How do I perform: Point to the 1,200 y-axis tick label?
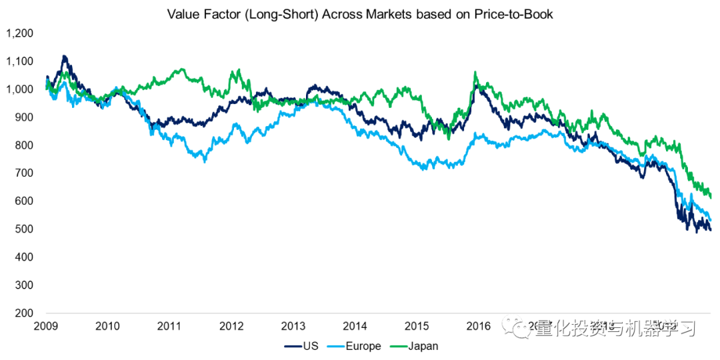point(20,33)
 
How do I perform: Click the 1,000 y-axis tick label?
point(20,89)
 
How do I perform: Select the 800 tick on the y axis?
point(24,145)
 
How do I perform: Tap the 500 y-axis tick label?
point(24,229)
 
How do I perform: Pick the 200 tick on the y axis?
point(24,313)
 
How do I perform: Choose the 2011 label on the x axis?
point(169,326)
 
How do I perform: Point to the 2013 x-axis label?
point(293,326)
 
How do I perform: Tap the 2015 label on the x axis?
point(417,326)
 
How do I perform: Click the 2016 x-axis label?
point(479,326)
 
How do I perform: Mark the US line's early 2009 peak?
point(64,57)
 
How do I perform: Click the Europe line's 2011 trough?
point(205,161)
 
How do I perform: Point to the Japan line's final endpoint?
point(711,197)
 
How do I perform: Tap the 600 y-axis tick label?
point(24,201)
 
